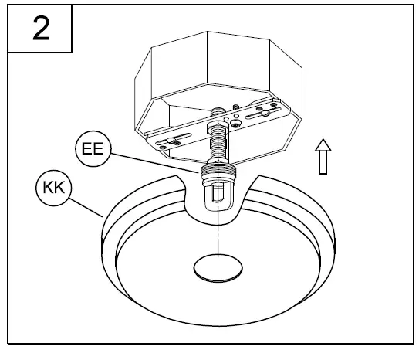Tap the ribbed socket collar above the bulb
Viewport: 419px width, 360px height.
(216, 175)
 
